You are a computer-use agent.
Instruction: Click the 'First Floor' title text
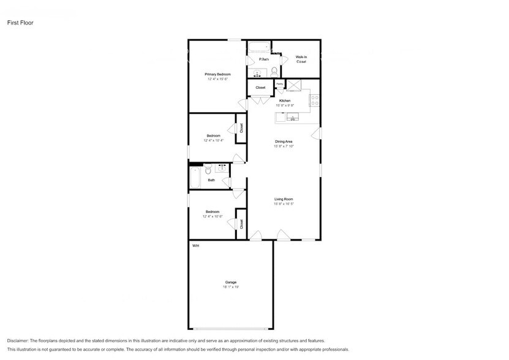[x=20, y=23]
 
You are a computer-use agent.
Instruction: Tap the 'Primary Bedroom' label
[x=217, y=74]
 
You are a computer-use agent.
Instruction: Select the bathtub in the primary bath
[x=258, y=47]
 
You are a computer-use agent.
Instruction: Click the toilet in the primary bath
[x=274, y=72]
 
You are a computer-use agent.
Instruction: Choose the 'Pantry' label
[x=279, y=84]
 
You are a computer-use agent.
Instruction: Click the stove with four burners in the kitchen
[x=314, y=99]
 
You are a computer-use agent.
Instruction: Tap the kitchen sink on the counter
[x=293, y=118]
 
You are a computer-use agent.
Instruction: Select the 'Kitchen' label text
[x=285, y=100]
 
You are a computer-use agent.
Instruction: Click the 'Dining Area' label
[x=283, y=141]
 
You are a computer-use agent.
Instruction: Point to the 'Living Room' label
[x=283, y=199]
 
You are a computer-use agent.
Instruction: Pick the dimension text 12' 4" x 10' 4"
[x=213, y=141]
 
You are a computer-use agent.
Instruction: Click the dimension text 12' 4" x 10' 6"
[x=213, y=217]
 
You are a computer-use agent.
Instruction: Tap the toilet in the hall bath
[x=208, y=170]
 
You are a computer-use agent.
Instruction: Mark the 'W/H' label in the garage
[x=195, y=246]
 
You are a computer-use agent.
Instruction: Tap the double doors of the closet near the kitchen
[x=243, y=103]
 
